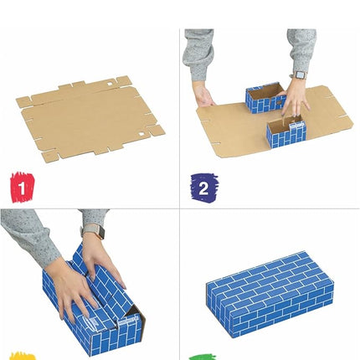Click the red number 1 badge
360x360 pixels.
(x=21, y=183)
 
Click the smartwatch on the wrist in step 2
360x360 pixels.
(x=299, y=76)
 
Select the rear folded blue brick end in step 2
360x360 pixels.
(x=265, y=99)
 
